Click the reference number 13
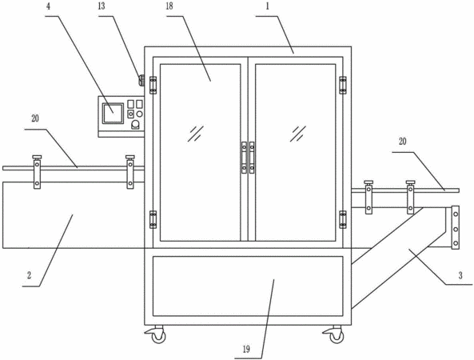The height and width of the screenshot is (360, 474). point(102,6)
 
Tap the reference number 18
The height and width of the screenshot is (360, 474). point(169,6)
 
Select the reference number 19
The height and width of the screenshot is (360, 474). point(246,350)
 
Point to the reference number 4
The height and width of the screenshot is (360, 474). point(49,6)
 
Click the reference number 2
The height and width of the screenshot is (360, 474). point(29,275)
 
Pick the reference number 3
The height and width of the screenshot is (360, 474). point(460,275)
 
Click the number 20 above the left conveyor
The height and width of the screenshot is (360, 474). point(35,118)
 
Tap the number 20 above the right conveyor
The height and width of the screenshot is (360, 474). point(403,142)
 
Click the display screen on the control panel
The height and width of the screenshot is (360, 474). point(113,114)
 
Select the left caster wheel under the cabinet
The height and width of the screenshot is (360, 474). point(157,335)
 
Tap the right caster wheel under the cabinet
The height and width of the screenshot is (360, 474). point(336,335)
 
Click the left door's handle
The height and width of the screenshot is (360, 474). point(244,158)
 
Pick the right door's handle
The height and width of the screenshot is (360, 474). point(252,158)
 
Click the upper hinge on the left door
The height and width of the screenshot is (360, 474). point(153,85)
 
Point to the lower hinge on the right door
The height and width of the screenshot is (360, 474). point(342,219)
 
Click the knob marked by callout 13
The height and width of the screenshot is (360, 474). point(141,80)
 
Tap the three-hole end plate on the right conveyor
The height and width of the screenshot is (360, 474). point(456,227)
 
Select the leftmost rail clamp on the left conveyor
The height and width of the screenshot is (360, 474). point(37,172)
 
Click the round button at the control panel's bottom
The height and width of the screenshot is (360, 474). point(136,124)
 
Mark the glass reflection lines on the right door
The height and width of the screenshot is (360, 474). point(298,134)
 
